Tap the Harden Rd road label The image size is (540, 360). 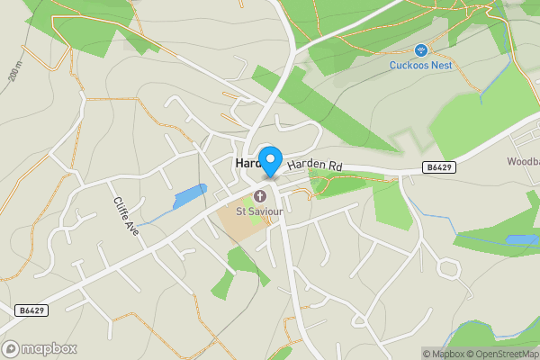[316, 166]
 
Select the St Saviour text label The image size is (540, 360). [258, 211]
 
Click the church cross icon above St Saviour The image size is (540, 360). [261, 195]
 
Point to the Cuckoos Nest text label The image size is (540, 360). [420, 64]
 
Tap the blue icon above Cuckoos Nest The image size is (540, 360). [420, 49]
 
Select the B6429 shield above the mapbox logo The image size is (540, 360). [31, 310]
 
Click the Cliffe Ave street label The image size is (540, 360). [126, 217]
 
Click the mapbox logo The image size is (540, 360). [40, 348]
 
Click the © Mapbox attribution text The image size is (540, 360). [442, 354]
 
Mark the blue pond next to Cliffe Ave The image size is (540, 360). [189, 196]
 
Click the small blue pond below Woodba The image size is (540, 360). [520, 240]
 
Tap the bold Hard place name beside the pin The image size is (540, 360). [247, 164]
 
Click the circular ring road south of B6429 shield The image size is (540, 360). [447, 268]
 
